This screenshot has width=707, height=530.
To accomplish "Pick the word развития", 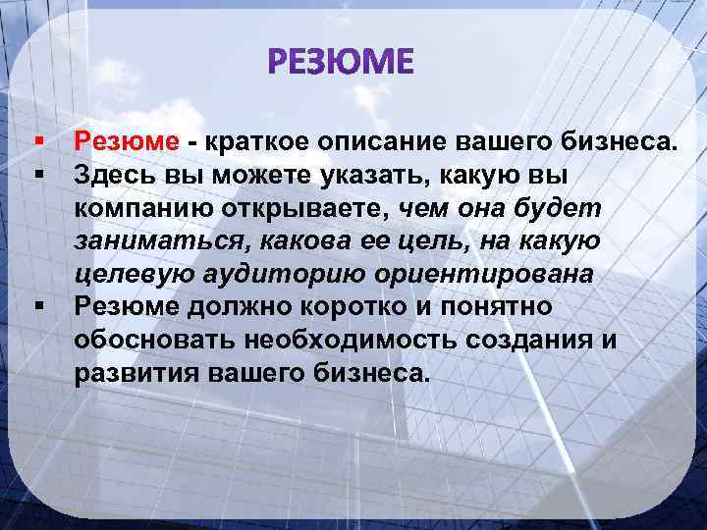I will click(x=134, y=373).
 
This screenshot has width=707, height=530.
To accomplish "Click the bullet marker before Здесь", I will click(x=39, y=175).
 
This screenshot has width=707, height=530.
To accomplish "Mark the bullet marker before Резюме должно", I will click(x=39, y=305).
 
